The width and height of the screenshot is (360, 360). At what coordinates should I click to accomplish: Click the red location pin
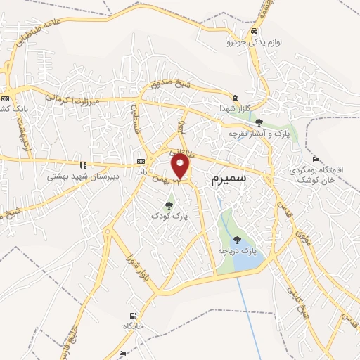(181, 166)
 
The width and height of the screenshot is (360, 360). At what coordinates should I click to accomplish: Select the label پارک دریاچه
(238, 250)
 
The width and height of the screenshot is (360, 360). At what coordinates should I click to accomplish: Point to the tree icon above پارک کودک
(169, 205)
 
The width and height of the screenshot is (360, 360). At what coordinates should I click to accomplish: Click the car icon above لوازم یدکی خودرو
(254, 32)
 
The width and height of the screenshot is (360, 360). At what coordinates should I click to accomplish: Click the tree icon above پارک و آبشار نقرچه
(259, 122)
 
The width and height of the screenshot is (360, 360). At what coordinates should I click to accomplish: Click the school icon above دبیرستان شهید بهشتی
(84, 165)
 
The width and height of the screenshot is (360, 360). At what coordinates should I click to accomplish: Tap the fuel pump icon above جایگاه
(133, 316)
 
